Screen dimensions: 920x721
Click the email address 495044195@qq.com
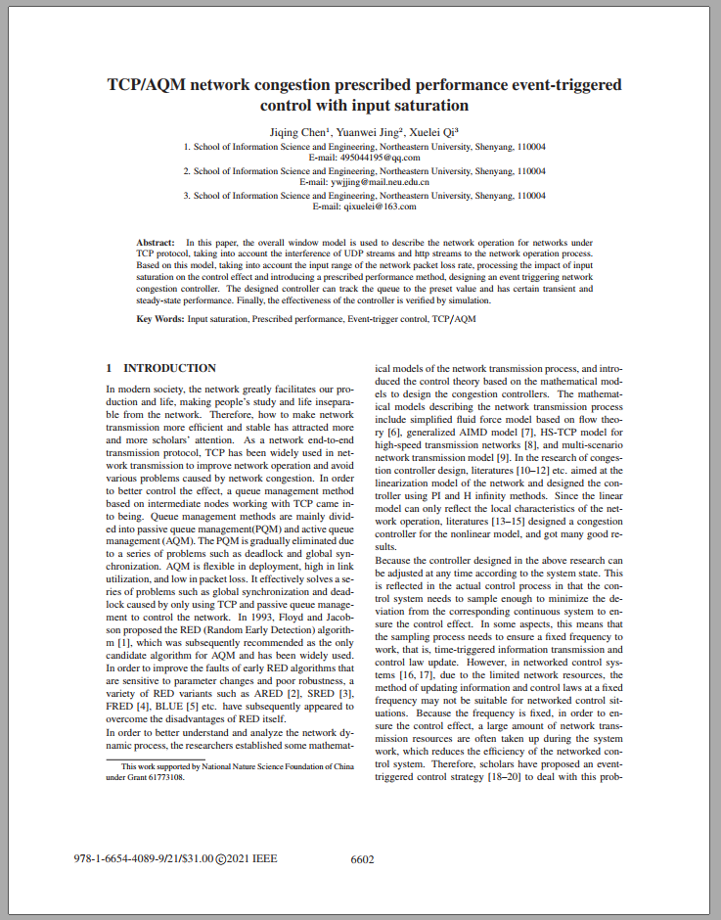tap(380, 157)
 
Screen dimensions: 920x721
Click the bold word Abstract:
tap(156, 241)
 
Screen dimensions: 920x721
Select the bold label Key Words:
tap(159, 319)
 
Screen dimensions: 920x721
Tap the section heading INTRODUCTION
tap(169, 368)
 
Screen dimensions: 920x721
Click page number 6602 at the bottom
tap(362, 859)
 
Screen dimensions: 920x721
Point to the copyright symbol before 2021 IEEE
tap(220, 859)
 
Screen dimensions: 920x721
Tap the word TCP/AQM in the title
tap(149, 84)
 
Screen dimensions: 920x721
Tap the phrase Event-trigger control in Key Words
tap(388, 319)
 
